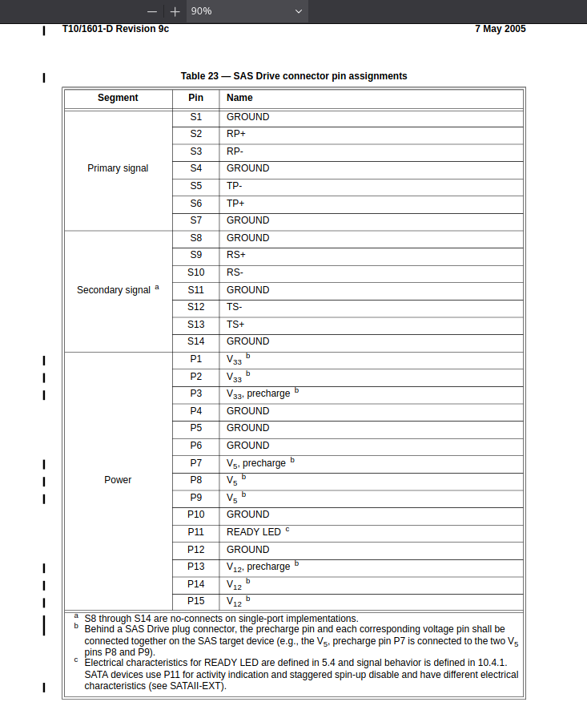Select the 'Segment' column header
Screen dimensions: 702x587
[118, 98]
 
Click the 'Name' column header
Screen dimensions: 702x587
[239, 98]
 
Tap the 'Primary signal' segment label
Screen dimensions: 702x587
[118, 168]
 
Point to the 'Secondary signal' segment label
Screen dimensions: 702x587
[114, 290]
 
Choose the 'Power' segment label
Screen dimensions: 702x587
[118, 480]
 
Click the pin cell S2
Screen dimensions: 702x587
[196, 134]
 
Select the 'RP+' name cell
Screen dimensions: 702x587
[236, 134]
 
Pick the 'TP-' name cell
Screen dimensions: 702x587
[235, 186]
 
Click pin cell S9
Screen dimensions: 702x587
[196, 255]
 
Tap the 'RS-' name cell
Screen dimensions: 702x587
[235, 272]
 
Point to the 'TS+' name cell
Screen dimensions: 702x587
[235, 325]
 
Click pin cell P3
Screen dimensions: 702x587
[196, 393]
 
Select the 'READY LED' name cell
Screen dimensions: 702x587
[254, 532]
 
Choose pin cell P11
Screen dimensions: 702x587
[196, 532]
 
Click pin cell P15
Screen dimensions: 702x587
[196, 601]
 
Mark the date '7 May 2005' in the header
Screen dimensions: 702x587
[500, 29]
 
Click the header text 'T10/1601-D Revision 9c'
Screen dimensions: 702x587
[115, 29]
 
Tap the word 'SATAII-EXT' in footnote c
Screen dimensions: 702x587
[199, 686]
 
